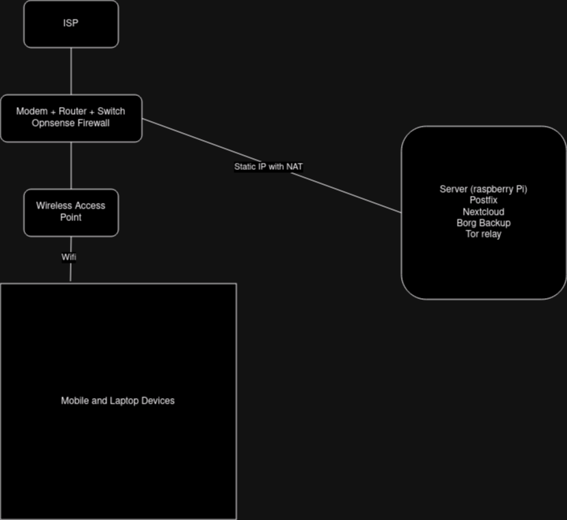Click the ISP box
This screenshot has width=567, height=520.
point(71,24)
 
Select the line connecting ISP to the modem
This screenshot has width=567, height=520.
point(72,71)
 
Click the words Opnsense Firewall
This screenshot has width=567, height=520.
point(71,124)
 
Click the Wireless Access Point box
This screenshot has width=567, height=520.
point(71,212)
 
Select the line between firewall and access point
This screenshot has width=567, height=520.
point(72,165)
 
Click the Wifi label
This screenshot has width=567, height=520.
point(69,257)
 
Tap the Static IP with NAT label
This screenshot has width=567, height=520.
point(269,167)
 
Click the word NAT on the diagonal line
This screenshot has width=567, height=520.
point(295,167)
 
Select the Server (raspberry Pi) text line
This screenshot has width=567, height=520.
point(484,190)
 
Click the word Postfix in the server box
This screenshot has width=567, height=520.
point(484,201)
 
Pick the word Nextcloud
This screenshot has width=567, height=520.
point(484,212)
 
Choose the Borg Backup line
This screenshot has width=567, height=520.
point(484,223)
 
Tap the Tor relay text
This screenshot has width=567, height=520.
point(484,234)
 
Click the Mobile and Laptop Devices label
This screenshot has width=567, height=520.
point(118,400)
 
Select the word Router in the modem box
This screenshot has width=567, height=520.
point(72,112)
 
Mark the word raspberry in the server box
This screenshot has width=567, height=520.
point(493,190)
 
